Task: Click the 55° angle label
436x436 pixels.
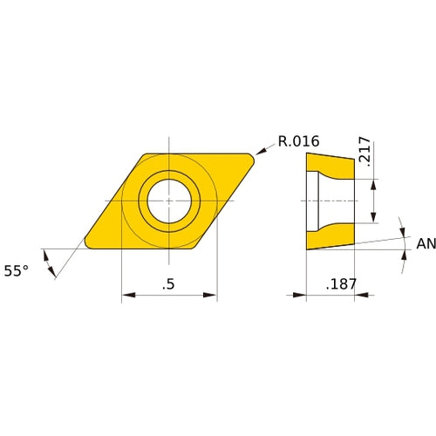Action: (x=17, y=271)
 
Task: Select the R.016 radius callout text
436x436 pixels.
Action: (x=299, y=141)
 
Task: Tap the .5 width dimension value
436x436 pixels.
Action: (x=168, y=283)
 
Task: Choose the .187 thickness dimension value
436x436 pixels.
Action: (x=340, y=284)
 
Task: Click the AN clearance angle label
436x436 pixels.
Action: (x=425, y=244)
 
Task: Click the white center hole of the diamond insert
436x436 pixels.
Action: (x=168, y=201)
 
